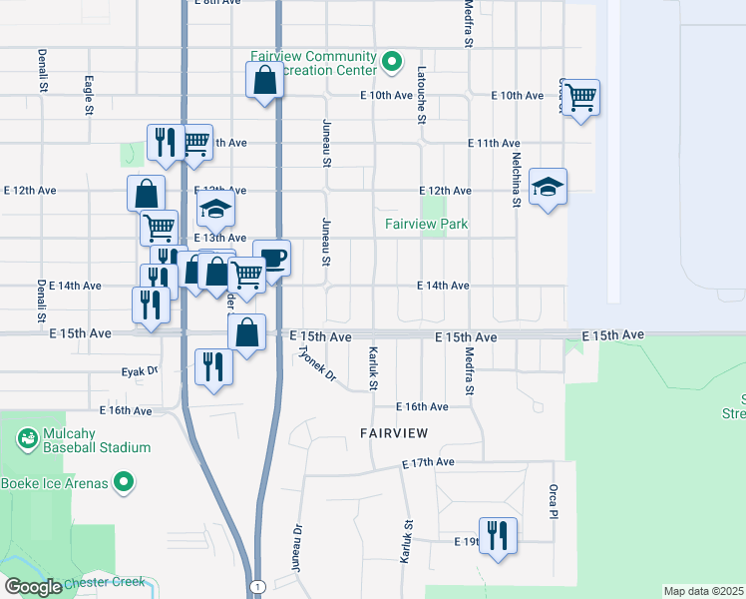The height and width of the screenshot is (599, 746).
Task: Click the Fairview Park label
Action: click(x=427, y=225)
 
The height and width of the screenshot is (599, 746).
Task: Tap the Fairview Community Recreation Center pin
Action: click(x=392, y=63)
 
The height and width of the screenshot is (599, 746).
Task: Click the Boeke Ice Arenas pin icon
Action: click(x=124, y=484)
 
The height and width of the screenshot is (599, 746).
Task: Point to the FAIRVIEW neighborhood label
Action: click(x=394, y=433)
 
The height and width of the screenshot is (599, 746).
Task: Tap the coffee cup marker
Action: click(x=271, y=259)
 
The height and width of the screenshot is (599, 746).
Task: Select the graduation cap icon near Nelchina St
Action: click(x=548, y=187)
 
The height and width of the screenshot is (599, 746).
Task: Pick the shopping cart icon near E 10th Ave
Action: click(x=580, y=98)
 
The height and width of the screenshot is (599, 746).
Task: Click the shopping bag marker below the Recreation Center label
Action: click(x=264, y=80)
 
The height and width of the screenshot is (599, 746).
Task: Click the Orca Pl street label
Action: click(x=553, y=502)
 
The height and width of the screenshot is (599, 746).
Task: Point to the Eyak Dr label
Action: click(x=140, y=370)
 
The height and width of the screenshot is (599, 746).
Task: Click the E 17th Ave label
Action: click(x=428, y=463)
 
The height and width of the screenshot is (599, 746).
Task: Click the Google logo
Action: click(x=33, y=587)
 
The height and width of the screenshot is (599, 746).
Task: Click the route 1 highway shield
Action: click(x=257, y=587)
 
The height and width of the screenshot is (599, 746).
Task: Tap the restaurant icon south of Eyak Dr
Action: click(x=213, y=367)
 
